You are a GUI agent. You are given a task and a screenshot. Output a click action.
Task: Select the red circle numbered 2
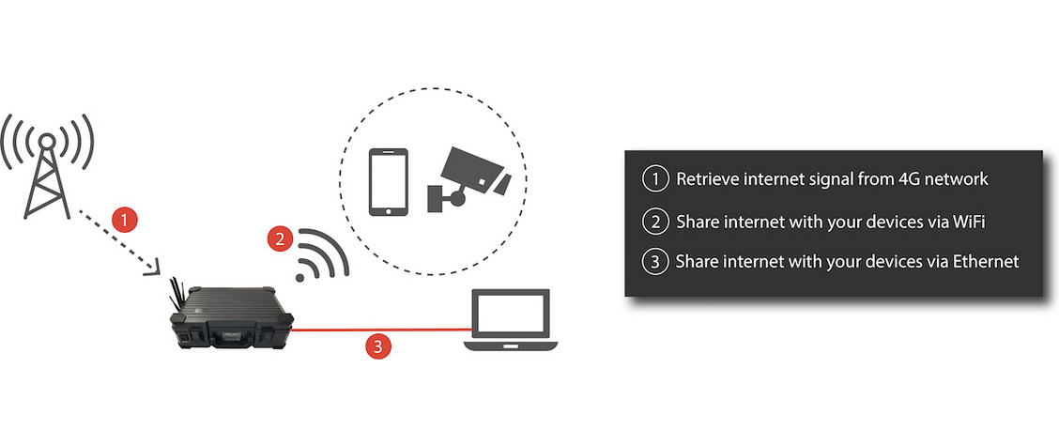click(278, 238)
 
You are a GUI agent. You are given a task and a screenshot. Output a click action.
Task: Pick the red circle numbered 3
click(377, 346)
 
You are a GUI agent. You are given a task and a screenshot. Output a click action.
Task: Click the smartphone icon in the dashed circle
click(388, 181)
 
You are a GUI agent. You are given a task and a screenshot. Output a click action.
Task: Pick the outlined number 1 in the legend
click(653, 178)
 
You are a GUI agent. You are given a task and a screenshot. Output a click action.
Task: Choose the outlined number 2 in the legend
click(653, 222)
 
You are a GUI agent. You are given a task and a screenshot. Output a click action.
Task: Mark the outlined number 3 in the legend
click(653, 262)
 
